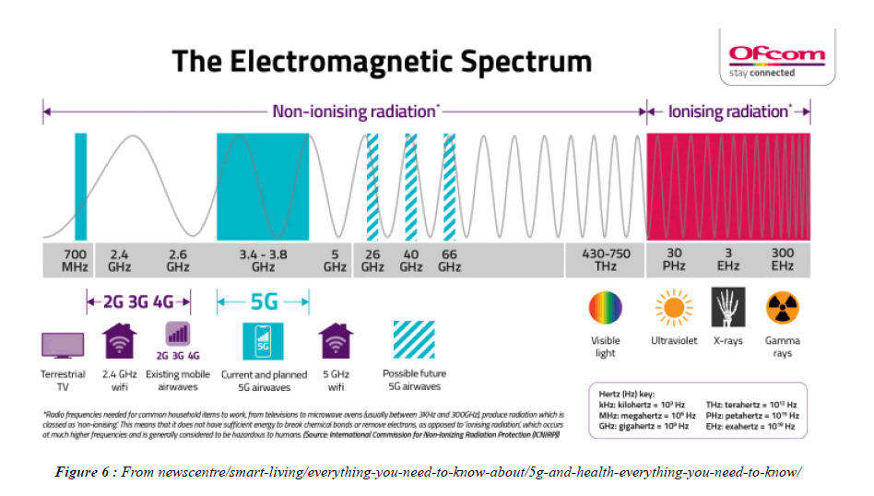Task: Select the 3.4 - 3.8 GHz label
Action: [x=263, y=259]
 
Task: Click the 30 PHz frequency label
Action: [x=673, y=259]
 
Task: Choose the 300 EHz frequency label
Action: [x=783, y=259]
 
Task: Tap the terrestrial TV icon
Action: [x=63, y=346]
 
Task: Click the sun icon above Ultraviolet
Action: [x=672, y=308]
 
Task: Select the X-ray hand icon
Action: [x=728, y=308]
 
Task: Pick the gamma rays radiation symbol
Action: [x=783, y=308]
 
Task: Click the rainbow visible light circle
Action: [x=606, y=308]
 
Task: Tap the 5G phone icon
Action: [x=263, y=342]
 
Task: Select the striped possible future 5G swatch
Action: [x=415, y=340]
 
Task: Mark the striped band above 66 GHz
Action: [x=450, y=187]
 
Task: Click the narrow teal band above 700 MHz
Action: [x=80, y=187]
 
